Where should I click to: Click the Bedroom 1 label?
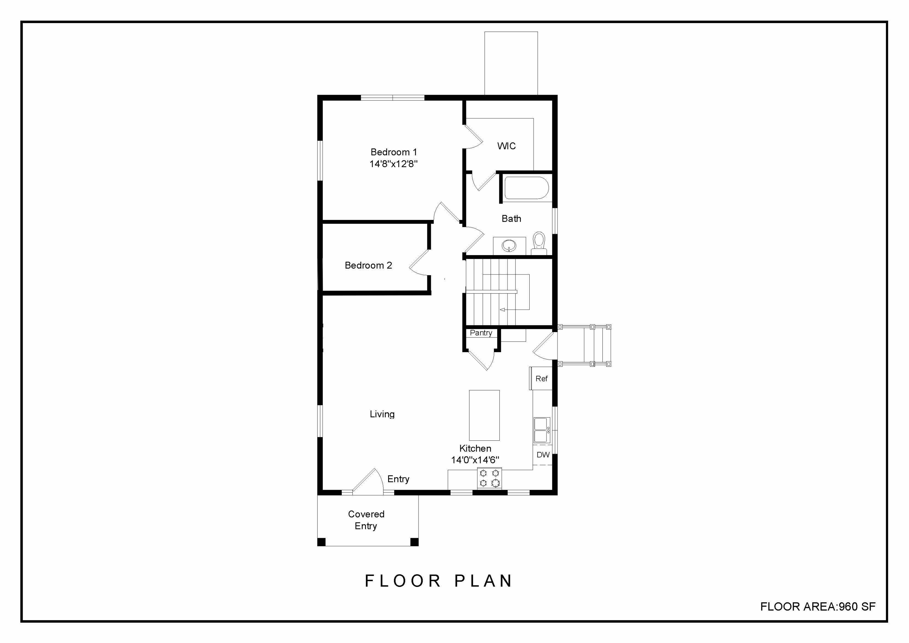click(x=394, y=152)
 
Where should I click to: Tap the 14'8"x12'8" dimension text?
click(x=394, y=164)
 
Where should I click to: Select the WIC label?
click(x=506, y=146)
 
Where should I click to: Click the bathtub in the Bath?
click(x=526, y=188)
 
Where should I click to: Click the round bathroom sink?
click(x=509, y=246)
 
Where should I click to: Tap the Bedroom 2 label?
click(x=368, y=265)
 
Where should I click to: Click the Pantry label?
click(x=481, y=333)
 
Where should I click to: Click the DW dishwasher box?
click(x=543, y=455)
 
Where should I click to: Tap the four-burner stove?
click(x=489, y=478)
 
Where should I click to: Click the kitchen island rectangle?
click(x=484, y=415)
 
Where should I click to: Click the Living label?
click(x=382, y=414)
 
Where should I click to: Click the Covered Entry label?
click(x=366, y=520)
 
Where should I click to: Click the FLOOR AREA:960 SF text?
click(x=818, y=607)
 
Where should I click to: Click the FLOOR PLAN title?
click(x=438, y=581)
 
